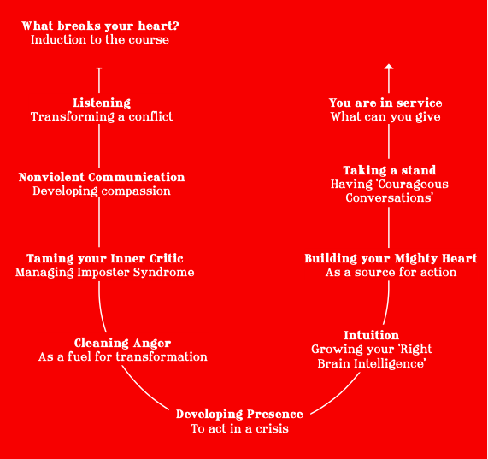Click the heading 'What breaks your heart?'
click(100, 26)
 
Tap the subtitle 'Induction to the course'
click(100, 39)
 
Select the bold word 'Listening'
click(102, 103)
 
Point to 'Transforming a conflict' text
click(102, 117)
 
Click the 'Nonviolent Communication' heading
click(102, 177)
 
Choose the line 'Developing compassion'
click(102, 191)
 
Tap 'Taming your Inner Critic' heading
click(104, 258)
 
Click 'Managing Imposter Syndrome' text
click(104, 273)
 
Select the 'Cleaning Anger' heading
click(122, 343)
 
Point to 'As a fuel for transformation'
click(122, 356)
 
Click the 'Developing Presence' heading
click(239, 415)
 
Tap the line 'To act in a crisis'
click(239, 428)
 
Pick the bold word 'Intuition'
click(371, 335)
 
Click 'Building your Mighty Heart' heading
click(391, 258)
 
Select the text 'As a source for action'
click(391, 273)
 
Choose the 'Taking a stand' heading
click(390, 170)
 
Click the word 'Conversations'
click(390, 198)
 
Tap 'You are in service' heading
click(385, 103)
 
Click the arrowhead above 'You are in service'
click(389, 67)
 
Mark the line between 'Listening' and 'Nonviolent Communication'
click(99, 146)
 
